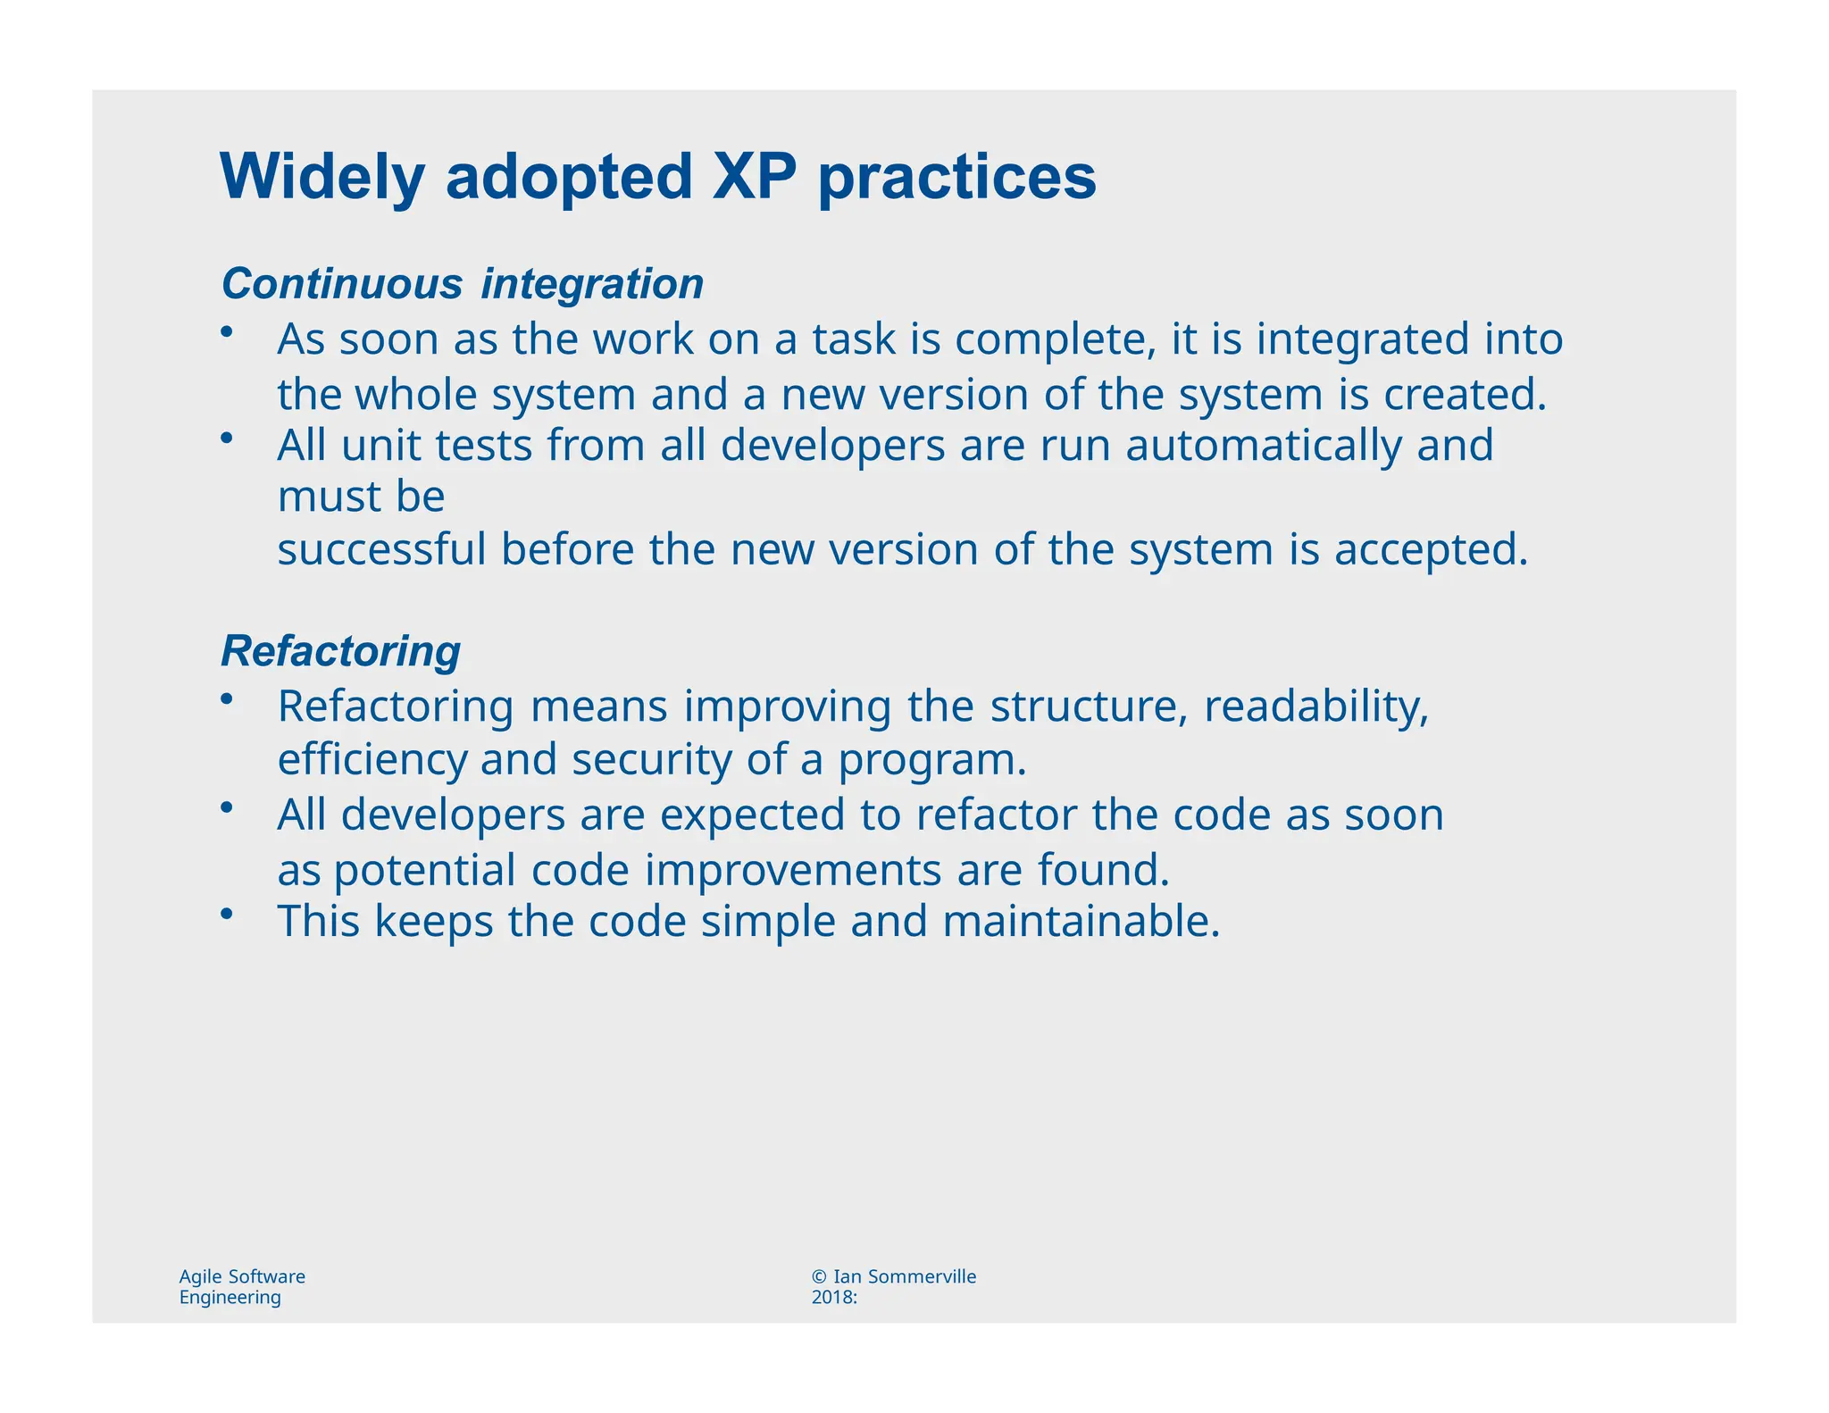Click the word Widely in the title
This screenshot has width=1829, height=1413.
pyautogui.click(x=322, y=177)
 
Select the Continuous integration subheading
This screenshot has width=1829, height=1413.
pyautogui.click(x=462, y=284)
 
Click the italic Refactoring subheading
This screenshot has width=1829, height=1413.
pyautogui.click(x=340, y=651)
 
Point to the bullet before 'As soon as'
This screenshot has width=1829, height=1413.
pyautogui.click(x=227, y=332)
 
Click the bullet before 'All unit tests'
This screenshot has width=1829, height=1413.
pyautogui.click(x=227, y=438)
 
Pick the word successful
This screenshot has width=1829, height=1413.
pyautogui.click(x=381, y=549)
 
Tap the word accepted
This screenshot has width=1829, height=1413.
pyautogui.click(x=1431, y=549)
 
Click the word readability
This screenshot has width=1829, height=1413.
pyautogui.click(x=1315, y=706)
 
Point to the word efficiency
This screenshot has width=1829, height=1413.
pyautogui.click(x=372, y=760)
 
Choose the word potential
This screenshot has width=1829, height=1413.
pyautogui.click(x=424, y=870)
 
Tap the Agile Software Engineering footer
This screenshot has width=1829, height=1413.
pyautogui.click(x=242, y=1286)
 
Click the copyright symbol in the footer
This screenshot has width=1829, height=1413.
pyautogui.click(x=819, y=1277)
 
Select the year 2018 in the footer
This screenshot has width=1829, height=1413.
pyautogui.click(x=831, y=1298)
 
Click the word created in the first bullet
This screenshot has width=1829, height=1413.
pyautogui.click(x=1464, y=395)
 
